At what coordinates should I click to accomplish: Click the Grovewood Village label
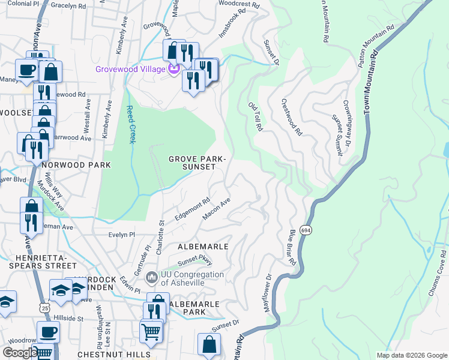pos(130,70)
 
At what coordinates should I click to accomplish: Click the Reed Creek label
pos(130,124)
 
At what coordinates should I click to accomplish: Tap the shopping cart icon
pos(151,331)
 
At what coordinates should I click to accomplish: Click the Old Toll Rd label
pos(256,116)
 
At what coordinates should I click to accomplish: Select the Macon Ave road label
pos(217,209)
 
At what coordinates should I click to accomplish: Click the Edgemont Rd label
pos(192,209)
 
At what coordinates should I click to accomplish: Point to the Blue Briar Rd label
pos(292,247)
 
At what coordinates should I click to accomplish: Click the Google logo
pos(19,353)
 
